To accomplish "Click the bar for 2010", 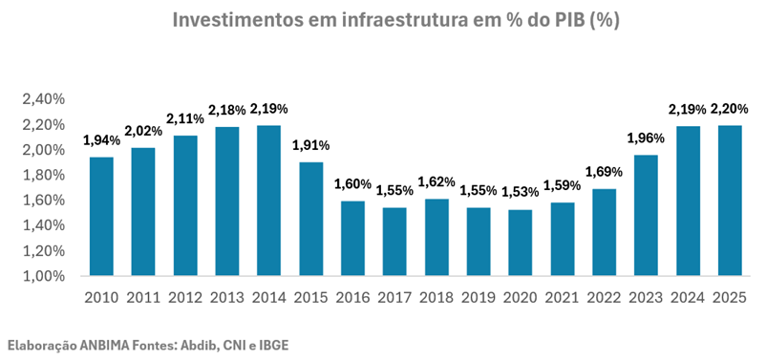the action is (x=102, y=216).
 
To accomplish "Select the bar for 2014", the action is (x=269, y=201).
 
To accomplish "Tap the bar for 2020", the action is (x=520, y=243).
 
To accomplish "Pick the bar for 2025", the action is (x=730, y=201).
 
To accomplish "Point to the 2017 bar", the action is (x=394, y=242).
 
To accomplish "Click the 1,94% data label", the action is (x=101, y=141).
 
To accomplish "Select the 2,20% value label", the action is (x=730, y=109).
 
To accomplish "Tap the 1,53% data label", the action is (x=520, y=192).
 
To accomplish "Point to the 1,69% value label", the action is (x=604, y=172).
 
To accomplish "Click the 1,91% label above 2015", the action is (x=311, y=146).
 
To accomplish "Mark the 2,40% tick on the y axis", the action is (x=44, y=99).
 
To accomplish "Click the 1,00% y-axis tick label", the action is (x=44, y=276).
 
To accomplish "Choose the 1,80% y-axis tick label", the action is (x=44, y=176).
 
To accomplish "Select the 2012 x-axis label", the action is (x=185, y=298).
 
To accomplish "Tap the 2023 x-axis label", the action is (x=646, y=298).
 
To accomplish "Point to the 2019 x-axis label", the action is (x=478, y=298).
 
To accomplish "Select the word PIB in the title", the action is (x=566, y=20).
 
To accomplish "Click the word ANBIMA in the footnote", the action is (x=102, y=346).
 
